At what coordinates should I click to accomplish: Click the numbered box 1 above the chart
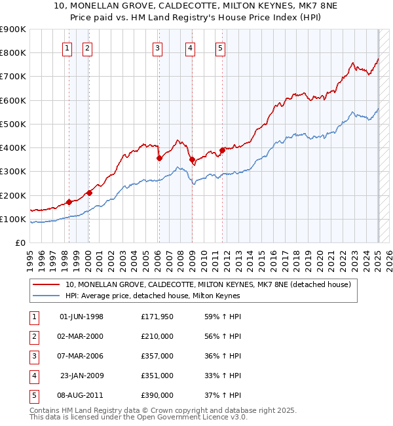click(68, 47)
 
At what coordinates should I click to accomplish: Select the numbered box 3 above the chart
click(158, 47)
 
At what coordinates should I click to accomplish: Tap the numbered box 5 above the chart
click(219, 47)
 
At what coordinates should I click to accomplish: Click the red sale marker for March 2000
click(90, 193)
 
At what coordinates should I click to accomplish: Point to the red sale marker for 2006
click(159, 158)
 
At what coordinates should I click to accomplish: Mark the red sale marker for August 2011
click(222, 150)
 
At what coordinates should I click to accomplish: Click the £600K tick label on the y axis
click(12, 100)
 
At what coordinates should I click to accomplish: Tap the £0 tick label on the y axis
click(20, 243)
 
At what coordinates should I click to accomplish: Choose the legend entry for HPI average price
click(153, 296)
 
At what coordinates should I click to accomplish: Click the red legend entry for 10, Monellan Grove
click(208, 284)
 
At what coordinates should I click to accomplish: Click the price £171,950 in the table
click(157, 317)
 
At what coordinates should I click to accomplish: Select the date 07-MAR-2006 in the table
click(81, 356)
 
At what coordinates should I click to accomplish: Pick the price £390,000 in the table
click(157, 395)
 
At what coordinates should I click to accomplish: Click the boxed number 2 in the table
click(33, 337)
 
